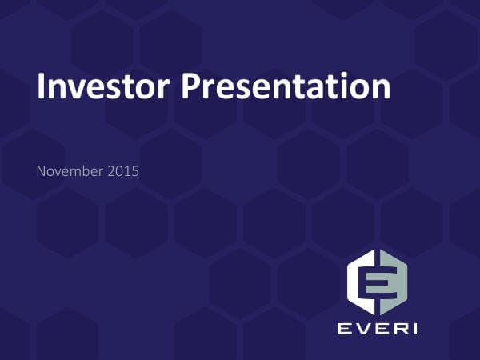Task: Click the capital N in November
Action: [x=42, y=170]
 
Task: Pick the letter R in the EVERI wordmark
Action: [x=396, y=329]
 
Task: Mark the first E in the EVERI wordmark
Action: [x=341, y=329]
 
